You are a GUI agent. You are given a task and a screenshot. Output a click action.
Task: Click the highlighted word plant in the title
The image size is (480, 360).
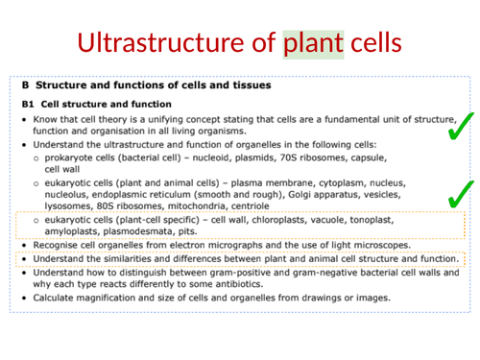(x=313, y=43)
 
